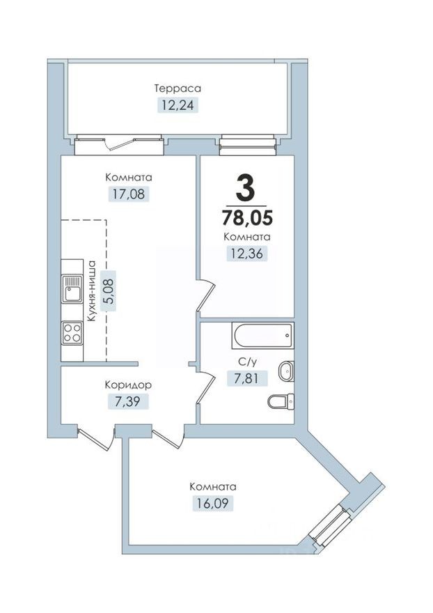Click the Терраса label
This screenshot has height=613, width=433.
(178, 88)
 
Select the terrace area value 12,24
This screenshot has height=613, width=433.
(178, 106)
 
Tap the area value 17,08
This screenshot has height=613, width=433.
(129, 194)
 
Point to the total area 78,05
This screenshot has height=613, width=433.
(246, 217)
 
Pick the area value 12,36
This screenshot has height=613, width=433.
(247, 254)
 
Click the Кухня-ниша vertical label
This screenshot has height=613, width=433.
(90, 290)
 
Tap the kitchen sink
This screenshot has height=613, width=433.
(72, 289)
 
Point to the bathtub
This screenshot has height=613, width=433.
(262, 336)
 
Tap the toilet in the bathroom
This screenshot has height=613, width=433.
(281, 401)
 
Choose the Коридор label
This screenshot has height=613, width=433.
(128, 385)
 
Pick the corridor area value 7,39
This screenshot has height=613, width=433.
(128, 401)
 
